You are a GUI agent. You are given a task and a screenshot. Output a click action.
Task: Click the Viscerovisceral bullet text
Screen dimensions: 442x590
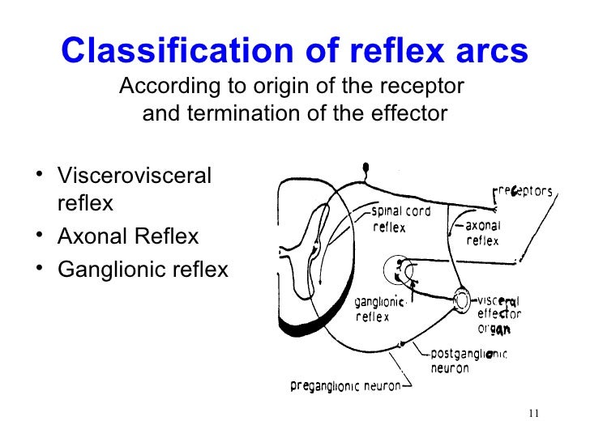click(135, 176)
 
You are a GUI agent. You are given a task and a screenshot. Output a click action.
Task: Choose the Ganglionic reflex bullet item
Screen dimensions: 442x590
click(143, 269)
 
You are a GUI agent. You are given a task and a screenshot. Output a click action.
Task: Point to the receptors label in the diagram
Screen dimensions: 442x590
click(524, 192)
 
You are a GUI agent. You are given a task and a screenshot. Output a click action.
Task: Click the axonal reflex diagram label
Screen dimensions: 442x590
click(483, 233)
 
